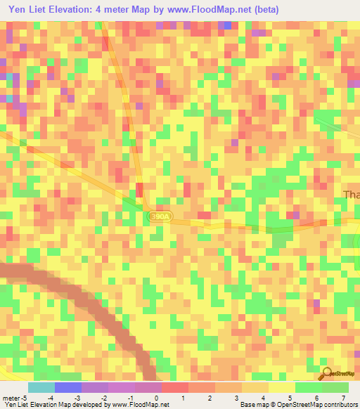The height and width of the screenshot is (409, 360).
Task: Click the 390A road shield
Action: click(160, 218)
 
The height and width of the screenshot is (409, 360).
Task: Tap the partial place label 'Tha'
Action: click(350, 195)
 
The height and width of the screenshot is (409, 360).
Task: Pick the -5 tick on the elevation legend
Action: click(25, 397)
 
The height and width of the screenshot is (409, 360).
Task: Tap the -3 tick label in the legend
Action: click(78, 397)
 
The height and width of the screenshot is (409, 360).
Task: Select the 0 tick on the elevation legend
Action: click(156, 397)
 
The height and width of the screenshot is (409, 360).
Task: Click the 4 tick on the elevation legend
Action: click(263, 397)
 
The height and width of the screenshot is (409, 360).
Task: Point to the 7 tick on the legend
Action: click(342, 397)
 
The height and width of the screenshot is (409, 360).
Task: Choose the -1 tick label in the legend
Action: click(131, 397)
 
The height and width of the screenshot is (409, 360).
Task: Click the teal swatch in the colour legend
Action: click(41, 387)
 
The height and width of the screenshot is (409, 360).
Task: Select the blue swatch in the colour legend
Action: click(68, 387)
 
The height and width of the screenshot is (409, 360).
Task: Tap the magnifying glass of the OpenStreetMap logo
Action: click(325, 374)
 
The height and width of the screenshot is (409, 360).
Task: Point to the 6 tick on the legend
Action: click(316, 397)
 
